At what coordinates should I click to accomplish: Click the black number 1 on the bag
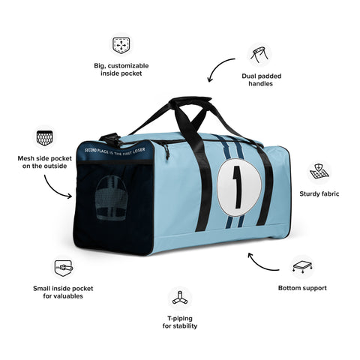tap(238, 187)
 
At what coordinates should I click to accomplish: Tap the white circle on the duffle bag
tap(239, 187)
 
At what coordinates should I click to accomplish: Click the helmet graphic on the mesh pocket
tap(112, 198)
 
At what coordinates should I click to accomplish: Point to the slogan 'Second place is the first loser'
tap(115, 151)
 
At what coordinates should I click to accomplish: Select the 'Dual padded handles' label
tap(261, 79)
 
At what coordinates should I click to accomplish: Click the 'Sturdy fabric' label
tap(319, 193)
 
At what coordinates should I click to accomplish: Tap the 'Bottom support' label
tap(302, 288)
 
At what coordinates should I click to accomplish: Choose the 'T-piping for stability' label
tap(180, 322)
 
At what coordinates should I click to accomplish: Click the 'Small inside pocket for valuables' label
tap(63, 292)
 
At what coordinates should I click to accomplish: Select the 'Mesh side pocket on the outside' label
tap(44, 162)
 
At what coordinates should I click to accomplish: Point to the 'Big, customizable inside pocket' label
tap(121, 70)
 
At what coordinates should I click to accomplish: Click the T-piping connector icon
tap(180, 298)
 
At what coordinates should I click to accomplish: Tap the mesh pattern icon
tap(45, 138)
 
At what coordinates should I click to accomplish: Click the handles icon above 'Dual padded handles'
tap(259, 55)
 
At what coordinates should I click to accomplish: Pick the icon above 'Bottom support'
tap(302, 267)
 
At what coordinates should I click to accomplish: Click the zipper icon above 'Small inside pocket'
tap(64, 268)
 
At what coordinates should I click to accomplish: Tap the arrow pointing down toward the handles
tap(217, 65)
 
